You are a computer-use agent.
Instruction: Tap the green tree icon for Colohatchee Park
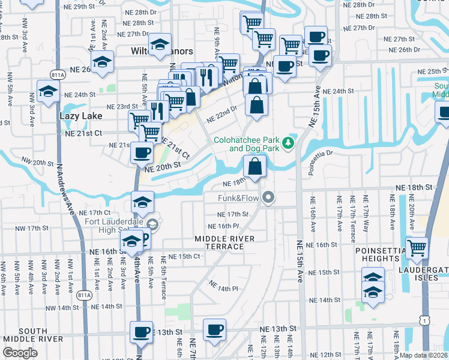tap(288, 142)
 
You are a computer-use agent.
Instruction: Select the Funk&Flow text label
tap(238, 197)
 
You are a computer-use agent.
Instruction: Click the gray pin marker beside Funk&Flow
tap(268, 197)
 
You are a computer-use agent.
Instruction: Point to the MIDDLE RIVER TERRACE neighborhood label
tap(224, 243)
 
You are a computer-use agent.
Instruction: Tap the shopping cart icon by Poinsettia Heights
tap(417, 247)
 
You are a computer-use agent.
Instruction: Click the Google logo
tap(20, 353)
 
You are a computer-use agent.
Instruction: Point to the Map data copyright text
tap(424, 355)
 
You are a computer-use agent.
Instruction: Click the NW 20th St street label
tap(37, 162)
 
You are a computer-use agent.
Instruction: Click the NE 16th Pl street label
tap(223, 226)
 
